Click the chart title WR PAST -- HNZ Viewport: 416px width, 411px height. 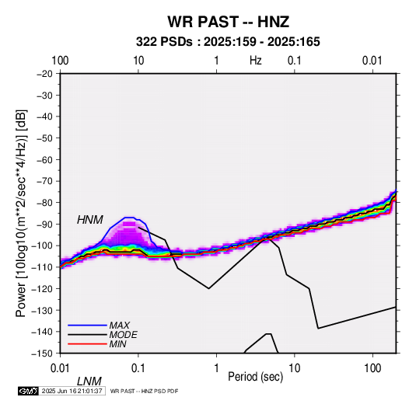tap(228, 22)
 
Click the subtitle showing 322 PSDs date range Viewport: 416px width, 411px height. tap(228, 42)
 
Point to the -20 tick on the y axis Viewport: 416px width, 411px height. tap(44, 74)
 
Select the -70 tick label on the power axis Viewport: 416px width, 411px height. tap(44, 181)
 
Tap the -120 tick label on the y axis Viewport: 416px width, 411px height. tap(43, 288)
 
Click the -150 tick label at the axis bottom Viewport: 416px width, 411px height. tap(43, 354)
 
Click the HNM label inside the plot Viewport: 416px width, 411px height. tap(90, 220)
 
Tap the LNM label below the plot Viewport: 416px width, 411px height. tap(89, 381)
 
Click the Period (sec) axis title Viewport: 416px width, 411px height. tap(256, 377)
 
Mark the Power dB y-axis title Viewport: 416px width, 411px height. tap(21, 214)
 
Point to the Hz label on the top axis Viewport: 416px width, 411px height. tap(256, 61)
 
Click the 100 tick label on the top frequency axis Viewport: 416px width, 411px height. tap(60, 61)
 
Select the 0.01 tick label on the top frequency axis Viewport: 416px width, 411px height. tap(372, 61)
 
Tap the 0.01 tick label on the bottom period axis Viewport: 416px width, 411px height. tap(61, 368)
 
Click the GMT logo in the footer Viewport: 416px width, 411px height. tap(28, 391)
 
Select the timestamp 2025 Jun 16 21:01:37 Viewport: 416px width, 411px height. tap(72, 391)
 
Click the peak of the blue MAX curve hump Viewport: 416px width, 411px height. tap(130, 218)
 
